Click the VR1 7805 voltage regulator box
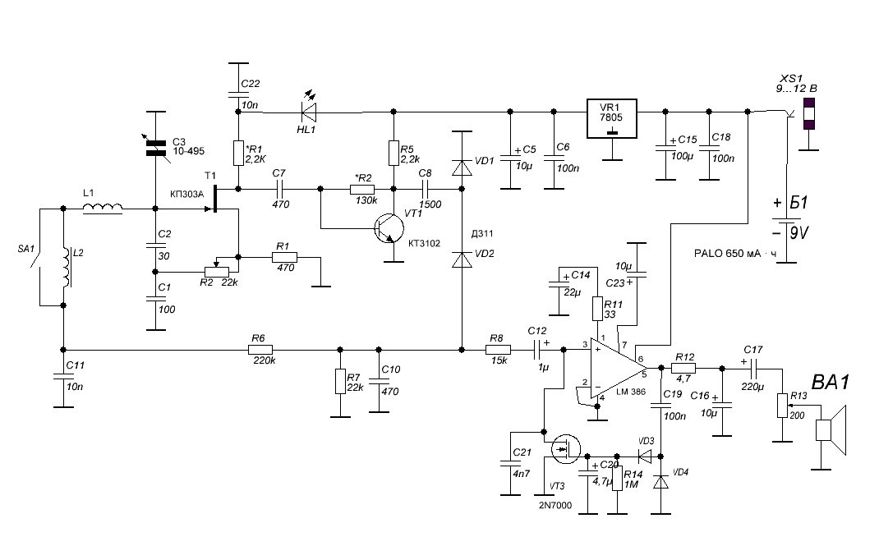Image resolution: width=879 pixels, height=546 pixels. [x=612, y=119]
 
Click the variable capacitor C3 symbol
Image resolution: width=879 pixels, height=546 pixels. [x=156, y=147]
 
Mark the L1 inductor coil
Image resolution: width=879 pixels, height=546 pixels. [x=103, y=209]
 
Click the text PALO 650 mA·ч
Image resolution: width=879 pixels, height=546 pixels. [x=735, y=253]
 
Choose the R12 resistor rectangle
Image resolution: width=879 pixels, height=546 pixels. [x=683, y=368]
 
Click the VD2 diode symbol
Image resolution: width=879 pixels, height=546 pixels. [x=462, y=259]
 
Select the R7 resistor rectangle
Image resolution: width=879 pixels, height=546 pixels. [x=340, y=381]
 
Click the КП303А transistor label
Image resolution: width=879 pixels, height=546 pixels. [x=186, y=194]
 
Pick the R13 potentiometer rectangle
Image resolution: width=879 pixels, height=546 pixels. [x=782, y=406]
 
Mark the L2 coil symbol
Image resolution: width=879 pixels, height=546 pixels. [x=68, y=268]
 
